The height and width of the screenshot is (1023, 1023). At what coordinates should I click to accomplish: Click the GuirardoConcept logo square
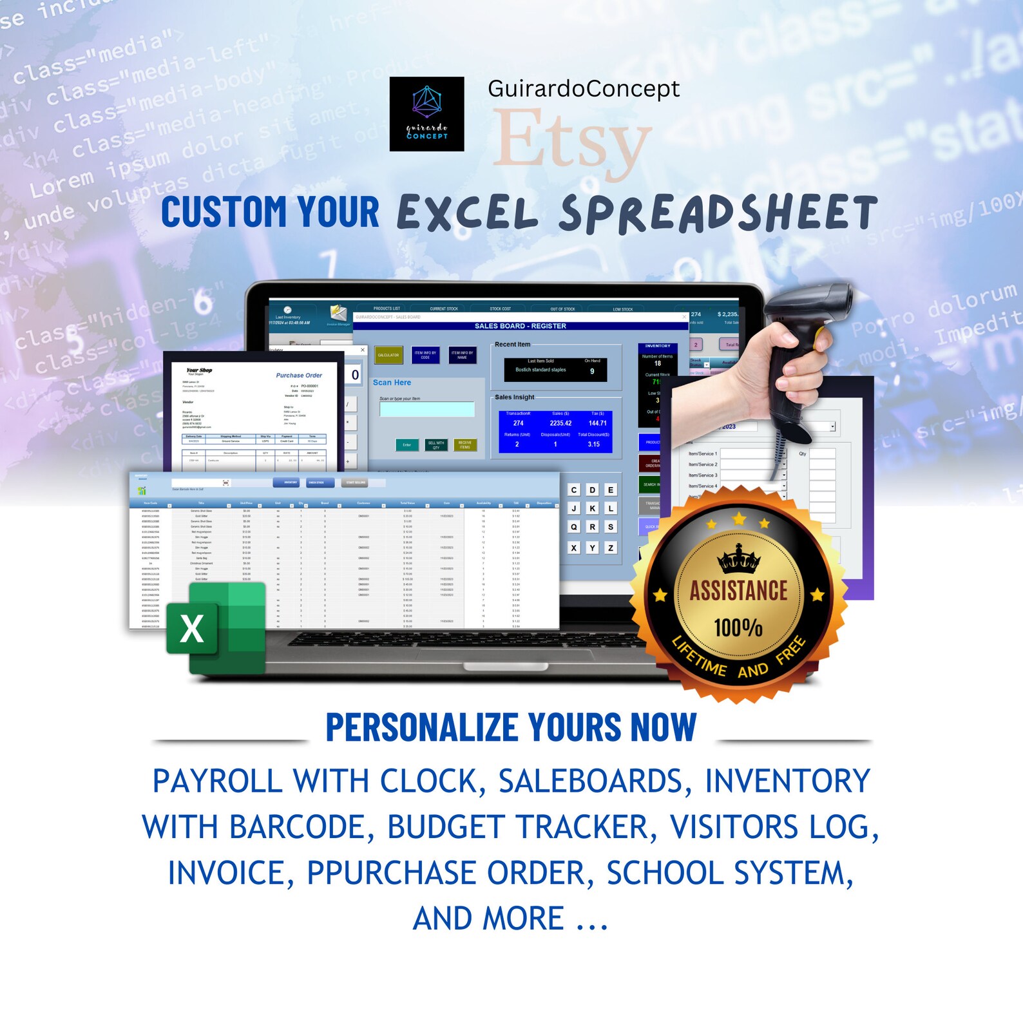pyautogui.click(x=426, y=114)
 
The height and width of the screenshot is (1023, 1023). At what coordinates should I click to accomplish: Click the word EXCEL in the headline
pyautogui.click(x=468, y=214)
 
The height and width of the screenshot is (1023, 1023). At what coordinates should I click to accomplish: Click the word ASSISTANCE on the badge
pyautogui.click(x=739, y=591)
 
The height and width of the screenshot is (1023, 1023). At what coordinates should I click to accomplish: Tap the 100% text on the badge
pyautogui.click(x=738, y=627)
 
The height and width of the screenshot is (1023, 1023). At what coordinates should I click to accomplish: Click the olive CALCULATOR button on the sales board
pyautogui.click(x=388, y=355)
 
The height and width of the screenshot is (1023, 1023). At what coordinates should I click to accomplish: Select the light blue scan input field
pyautogui.click(x=427, y=410)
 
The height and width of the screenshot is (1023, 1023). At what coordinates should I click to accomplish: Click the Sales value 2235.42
pyautogui.click(x=560, y=423)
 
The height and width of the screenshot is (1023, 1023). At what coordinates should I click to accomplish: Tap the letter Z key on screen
pyautogui.click(x=611, y=548)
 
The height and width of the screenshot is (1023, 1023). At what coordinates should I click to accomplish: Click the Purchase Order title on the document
pyautogui.click(x=299, y=375)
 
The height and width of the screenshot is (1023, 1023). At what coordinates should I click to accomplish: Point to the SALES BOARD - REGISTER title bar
pyautogui.click(x=521, y=326)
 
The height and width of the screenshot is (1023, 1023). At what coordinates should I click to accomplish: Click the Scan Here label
pyautogui.click(x=392, y=383)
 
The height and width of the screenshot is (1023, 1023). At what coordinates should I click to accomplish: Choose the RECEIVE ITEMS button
pyautogui.click(x=465, y=445)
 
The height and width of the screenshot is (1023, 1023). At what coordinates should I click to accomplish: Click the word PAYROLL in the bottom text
pyautogui.click(x=217, y=781)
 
